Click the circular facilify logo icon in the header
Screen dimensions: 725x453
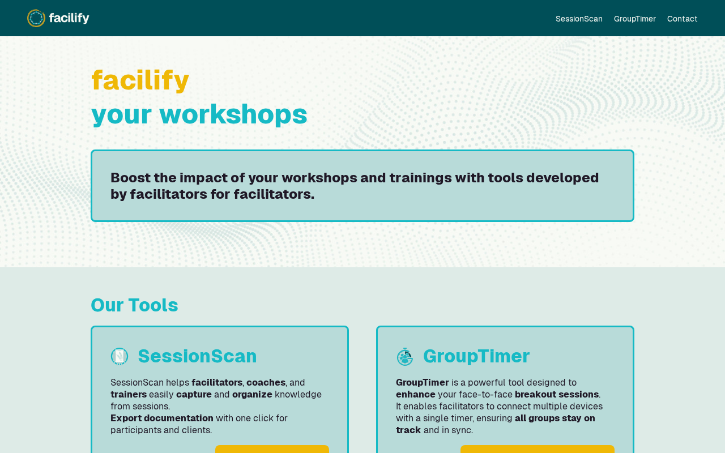click(x=36, y=18)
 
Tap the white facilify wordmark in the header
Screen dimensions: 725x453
click(x=69, y=18)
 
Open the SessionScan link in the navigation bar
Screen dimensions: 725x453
click(x=579, y=19)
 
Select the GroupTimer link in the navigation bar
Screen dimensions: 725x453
click(x=635, y=19)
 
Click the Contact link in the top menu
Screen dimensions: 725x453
click(x=682, y=19)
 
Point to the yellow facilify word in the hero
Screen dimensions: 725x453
click(x=140, y=80)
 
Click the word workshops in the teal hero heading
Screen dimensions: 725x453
click(x=233, y=114)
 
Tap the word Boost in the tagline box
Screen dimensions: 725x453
click(x=131, y=178)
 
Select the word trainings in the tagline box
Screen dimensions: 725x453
click(x=420, y=178)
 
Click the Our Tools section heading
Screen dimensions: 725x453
click(x=134, y=305)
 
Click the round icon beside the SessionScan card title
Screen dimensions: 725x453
click(x=120, y=356)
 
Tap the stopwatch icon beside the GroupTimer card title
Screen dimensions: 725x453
click(x=405, y=357)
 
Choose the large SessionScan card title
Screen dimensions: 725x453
click(x=198, y=356)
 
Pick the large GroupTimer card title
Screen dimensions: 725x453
click(x=476, y=357)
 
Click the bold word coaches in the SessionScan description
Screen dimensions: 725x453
click(x=266, y=382)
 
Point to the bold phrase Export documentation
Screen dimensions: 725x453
click(x=162, y=418)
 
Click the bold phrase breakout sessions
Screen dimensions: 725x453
click(x=557, y=395)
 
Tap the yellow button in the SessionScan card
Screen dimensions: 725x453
click(x=272, y=449)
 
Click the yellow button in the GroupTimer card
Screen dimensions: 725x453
click(x=538, y=449)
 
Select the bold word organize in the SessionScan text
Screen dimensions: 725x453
click(x=252, y=395)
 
